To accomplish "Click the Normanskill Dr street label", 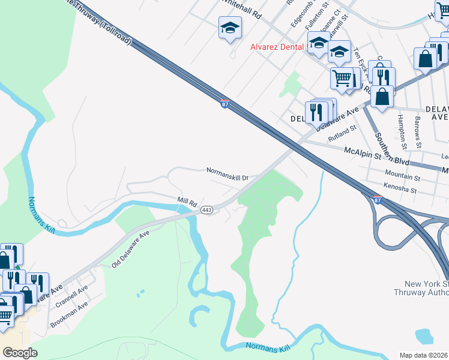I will point(228,170).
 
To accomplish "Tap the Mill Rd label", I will point(187,203).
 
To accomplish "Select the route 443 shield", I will point(206,209).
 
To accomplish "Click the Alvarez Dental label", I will point(277,46).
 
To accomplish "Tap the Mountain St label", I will point(403,177).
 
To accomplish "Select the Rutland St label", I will point(342,133).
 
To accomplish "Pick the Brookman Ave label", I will point(69,314).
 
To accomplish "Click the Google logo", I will point(20,352).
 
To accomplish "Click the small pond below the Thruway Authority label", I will point(424,336).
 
